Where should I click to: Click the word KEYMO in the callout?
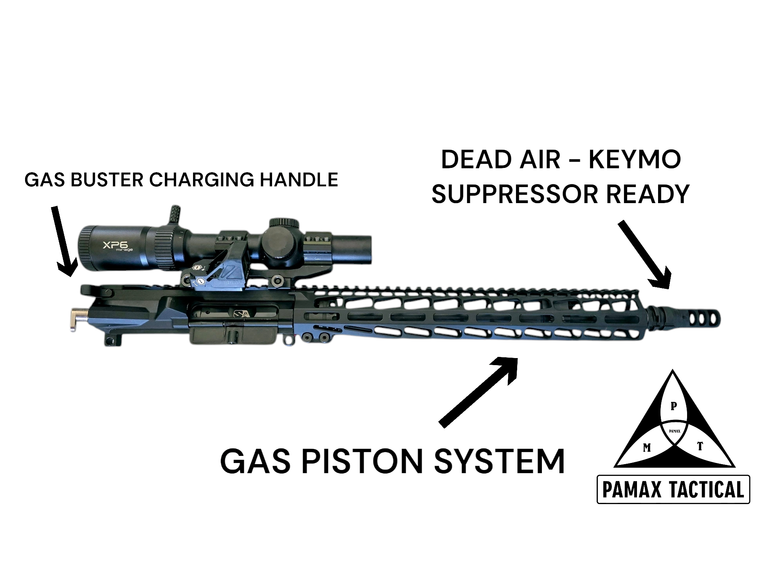point(635,160)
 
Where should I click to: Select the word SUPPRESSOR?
point(515,194)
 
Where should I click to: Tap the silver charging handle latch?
point(76,319)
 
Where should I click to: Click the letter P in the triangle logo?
point(673,406)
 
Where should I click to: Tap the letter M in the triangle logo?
point(647,448)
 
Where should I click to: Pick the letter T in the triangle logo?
point(700,446)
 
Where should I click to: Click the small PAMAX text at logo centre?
point(674,432)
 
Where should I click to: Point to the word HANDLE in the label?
point(299,180)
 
